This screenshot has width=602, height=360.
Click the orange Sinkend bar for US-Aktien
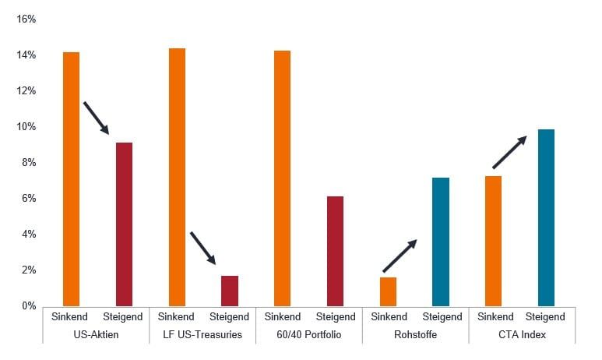tap(71, 178)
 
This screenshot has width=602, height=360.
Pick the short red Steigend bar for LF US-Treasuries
tap(230, 291)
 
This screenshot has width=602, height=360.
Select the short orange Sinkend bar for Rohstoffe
tap(388, 291)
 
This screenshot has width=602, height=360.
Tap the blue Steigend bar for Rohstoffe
tap(441, 242)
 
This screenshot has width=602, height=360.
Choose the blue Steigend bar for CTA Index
tap(546, 217)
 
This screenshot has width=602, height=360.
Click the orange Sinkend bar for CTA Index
tap(493, 241)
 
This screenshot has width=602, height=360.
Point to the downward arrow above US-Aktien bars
tap(96, 118)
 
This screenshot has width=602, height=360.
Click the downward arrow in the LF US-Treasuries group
tap(202, 248)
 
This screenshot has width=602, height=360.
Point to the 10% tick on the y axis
tap(26, 127)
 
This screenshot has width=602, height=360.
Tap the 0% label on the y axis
tap(29, 306)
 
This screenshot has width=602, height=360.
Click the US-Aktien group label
tap(97, 335)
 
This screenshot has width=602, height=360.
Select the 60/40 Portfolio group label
tap(309, 335)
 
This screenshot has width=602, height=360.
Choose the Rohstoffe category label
tap(414, 335)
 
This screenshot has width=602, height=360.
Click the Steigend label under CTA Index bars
tap(545, 317)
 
